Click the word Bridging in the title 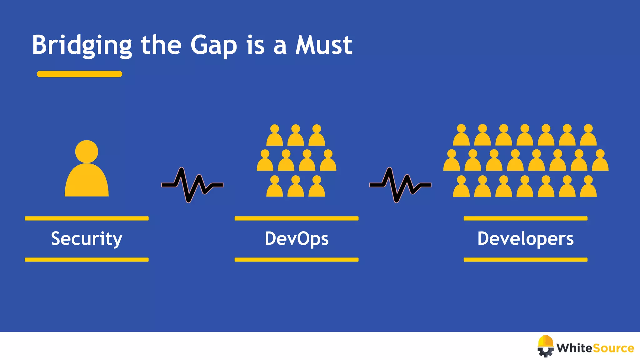point(82,45)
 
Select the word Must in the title point(324,45)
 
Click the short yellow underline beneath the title point(79,74)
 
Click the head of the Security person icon point(87,152)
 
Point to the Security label point(87,239)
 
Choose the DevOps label point(297,239)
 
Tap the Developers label point(525,239)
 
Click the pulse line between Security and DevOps point(192,185)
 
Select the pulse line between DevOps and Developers point(400,185)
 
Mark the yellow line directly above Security point(87,218)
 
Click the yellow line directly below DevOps point(297,260)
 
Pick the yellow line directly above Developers point(525,218)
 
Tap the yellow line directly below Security point(87,260)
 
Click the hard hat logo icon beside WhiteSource point(546,346)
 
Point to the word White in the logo point(574,348)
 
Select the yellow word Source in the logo point(613,348)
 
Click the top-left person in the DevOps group point(274,136)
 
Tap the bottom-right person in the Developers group point(588,187)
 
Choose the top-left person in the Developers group point(461,136)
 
